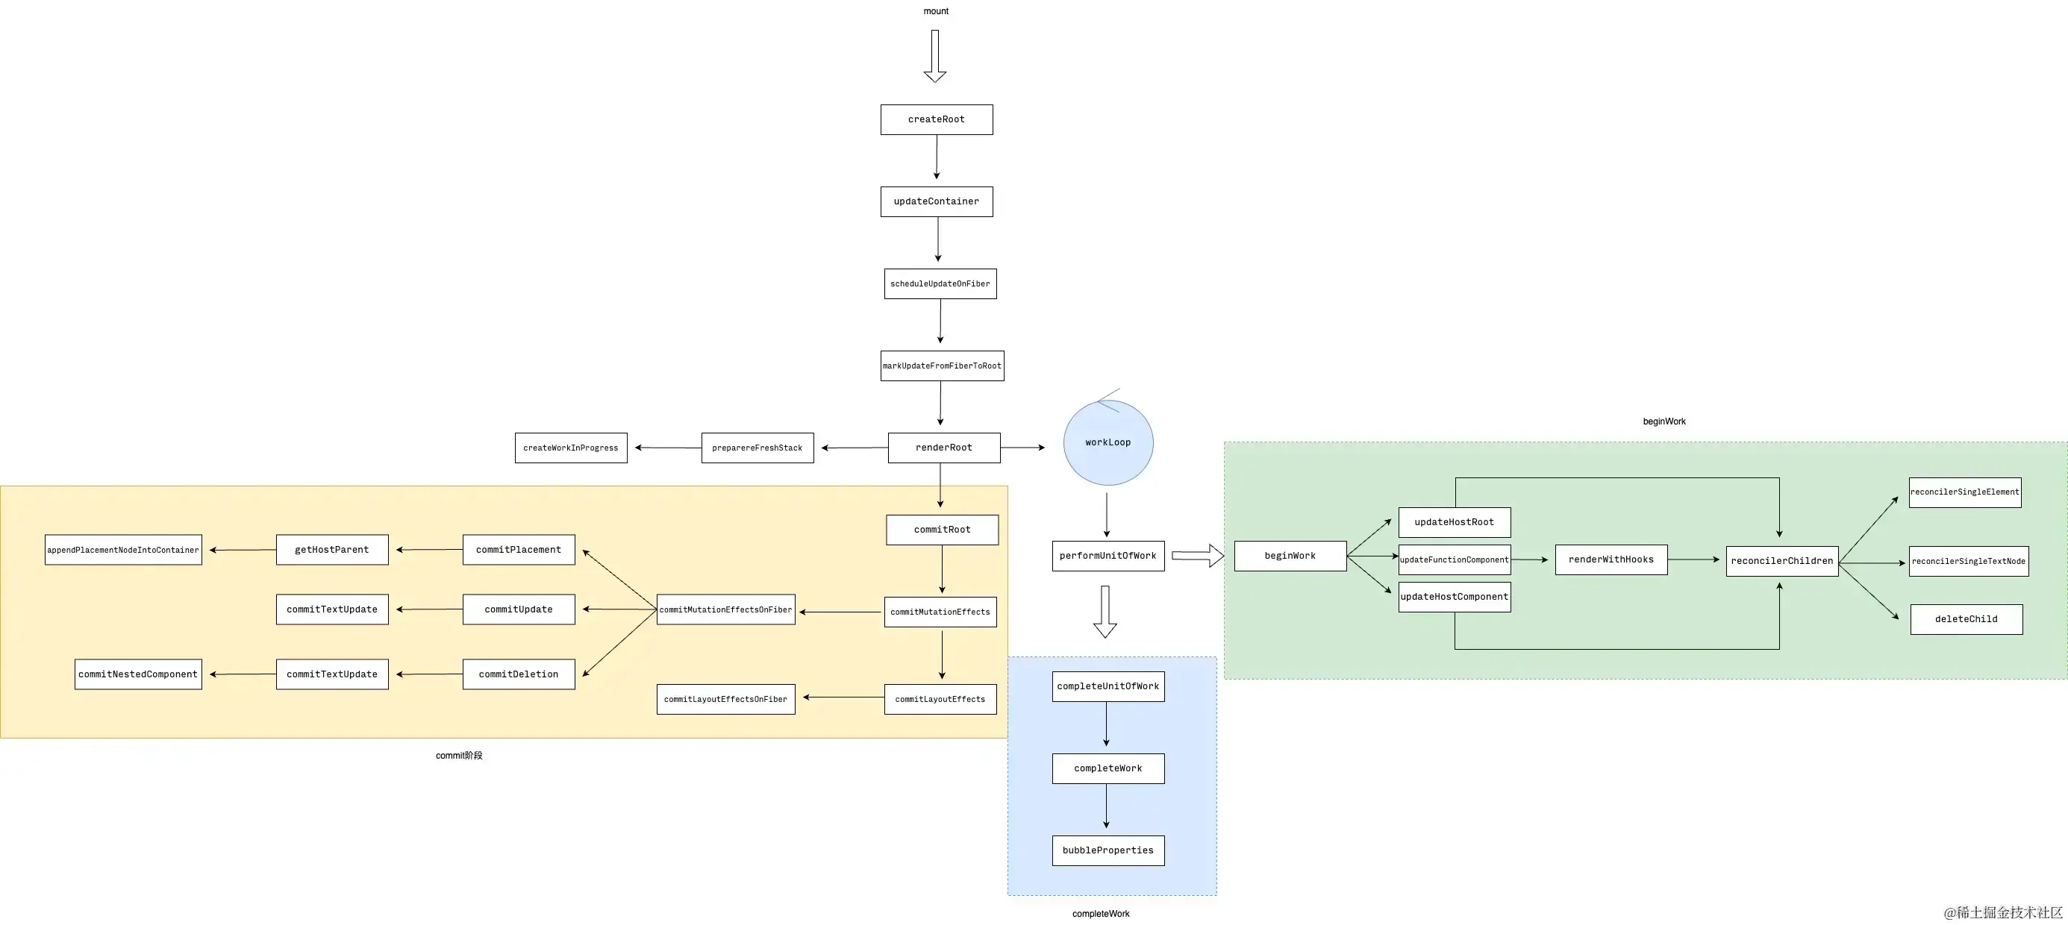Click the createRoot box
(936, 119)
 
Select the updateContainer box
(936, 201)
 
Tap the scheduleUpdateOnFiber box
(940, 284)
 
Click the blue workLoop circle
(1108, 443)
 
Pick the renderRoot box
(943, 448)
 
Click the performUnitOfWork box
(1108, 556)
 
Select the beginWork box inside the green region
(1290, 556)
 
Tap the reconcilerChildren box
(1781, 561)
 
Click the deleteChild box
(1965, 619)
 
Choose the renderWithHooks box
(1611, 560)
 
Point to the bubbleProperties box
(1108, 850)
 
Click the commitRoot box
(942, 530)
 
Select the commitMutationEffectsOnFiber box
(725, 609)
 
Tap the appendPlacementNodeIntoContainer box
(123, 551)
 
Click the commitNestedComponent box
(138, 674)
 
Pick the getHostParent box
(331, 551)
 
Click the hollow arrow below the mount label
(934, 56)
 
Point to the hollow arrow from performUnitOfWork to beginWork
(1197, 555)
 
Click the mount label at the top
(935, 11)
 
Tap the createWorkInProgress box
(571, 448)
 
